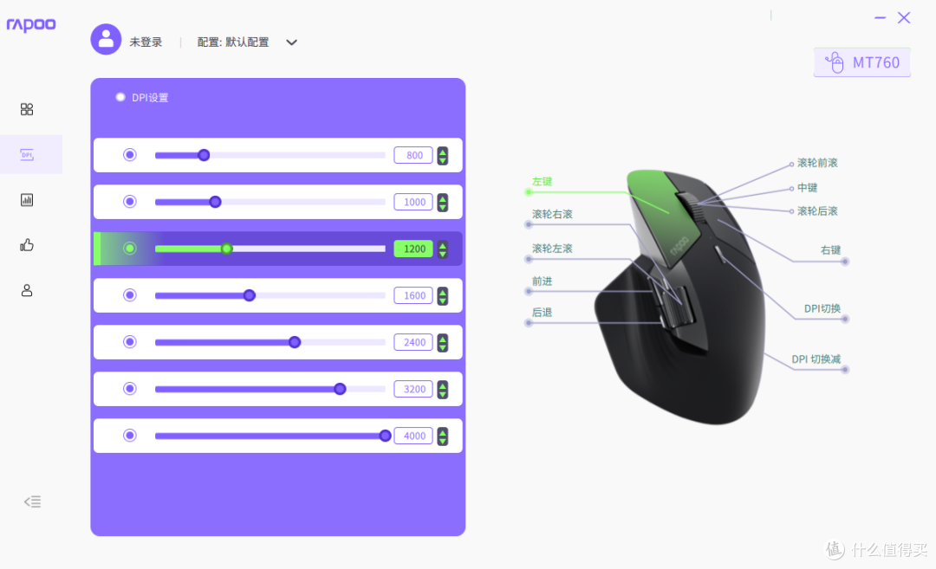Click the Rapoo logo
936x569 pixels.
tap(31, 24)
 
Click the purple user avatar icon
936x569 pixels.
tap(106, 39)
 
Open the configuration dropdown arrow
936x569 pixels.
tap(291, 42)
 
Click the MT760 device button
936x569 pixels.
tap(862, 62)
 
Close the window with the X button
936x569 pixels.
tap(904, 18)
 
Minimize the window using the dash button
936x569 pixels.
tap(880, 18)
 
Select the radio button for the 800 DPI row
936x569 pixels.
tap(129, 155)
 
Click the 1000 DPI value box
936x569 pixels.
tap(413, 202)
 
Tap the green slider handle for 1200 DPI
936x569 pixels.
tap(227, 249)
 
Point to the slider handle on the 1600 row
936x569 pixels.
tap(250, 295)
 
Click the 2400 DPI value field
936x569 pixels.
tap(413, 342)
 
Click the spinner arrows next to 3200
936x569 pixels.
tap(442, 390)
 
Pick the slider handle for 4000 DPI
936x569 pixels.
tap(385, 436)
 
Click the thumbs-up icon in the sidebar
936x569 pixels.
tap(27, 245)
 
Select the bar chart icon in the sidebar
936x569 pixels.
tap(27, 200)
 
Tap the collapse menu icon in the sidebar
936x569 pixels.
tap(32, 501)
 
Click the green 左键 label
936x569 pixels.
tap(542, 181)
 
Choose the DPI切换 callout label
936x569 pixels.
tap(822, 308)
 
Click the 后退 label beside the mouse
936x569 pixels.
tap(542, 312)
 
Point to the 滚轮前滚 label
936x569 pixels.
tap(817, 163)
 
